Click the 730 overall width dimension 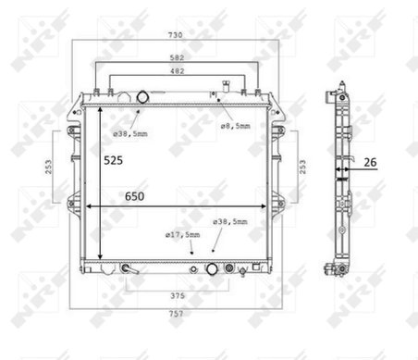175,35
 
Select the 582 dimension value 177,57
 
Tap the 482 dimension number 177,71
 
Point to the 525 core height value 113,160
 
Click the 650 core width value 134,196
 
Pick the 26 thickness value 370,162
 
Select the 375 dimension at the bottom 178,296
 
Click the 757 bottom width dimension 176,314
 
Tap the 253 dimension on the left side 49,167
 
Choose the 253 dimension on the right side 302,167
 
